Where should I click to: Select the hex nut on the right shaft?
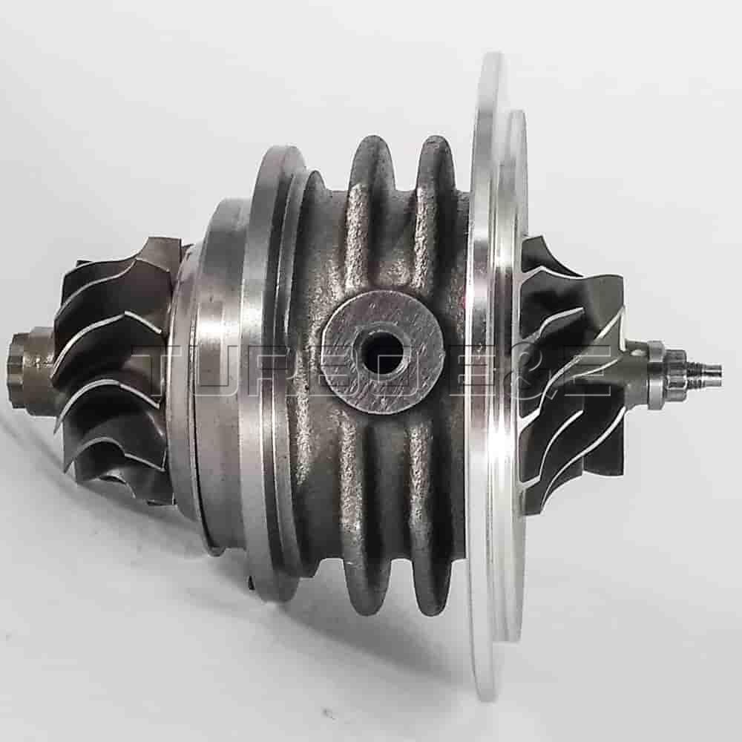pos(672,369)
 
